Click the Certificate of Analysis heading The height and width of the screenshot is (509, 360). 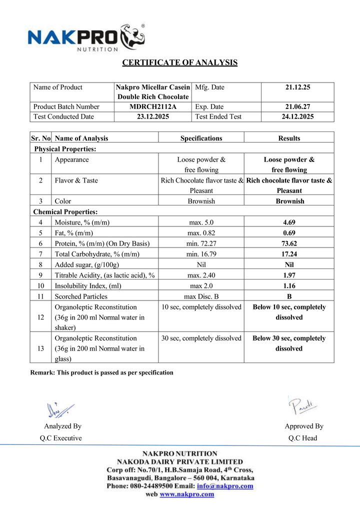180,62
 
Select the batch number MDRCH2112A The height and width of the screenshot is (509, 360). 152,106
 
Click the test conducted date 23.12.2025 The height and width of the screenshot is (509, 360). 152,116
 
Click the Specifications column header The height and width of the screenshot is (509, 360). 201,138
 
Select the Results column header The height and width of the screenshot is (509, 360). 289,138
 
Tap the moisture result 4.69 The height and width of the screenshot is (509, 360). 289,222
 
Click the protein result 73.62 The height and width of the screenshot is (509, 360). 289,243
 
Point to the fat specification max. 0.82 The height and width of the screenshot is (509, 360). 201,233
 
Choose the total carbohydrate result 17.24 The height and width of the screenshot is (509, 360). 289,254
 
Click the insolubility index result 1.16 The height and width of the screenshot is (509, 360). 289,286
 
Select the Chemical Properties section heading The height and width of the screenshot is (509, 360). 65,212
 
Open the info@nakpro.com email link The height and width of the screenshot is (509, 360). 225,485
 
